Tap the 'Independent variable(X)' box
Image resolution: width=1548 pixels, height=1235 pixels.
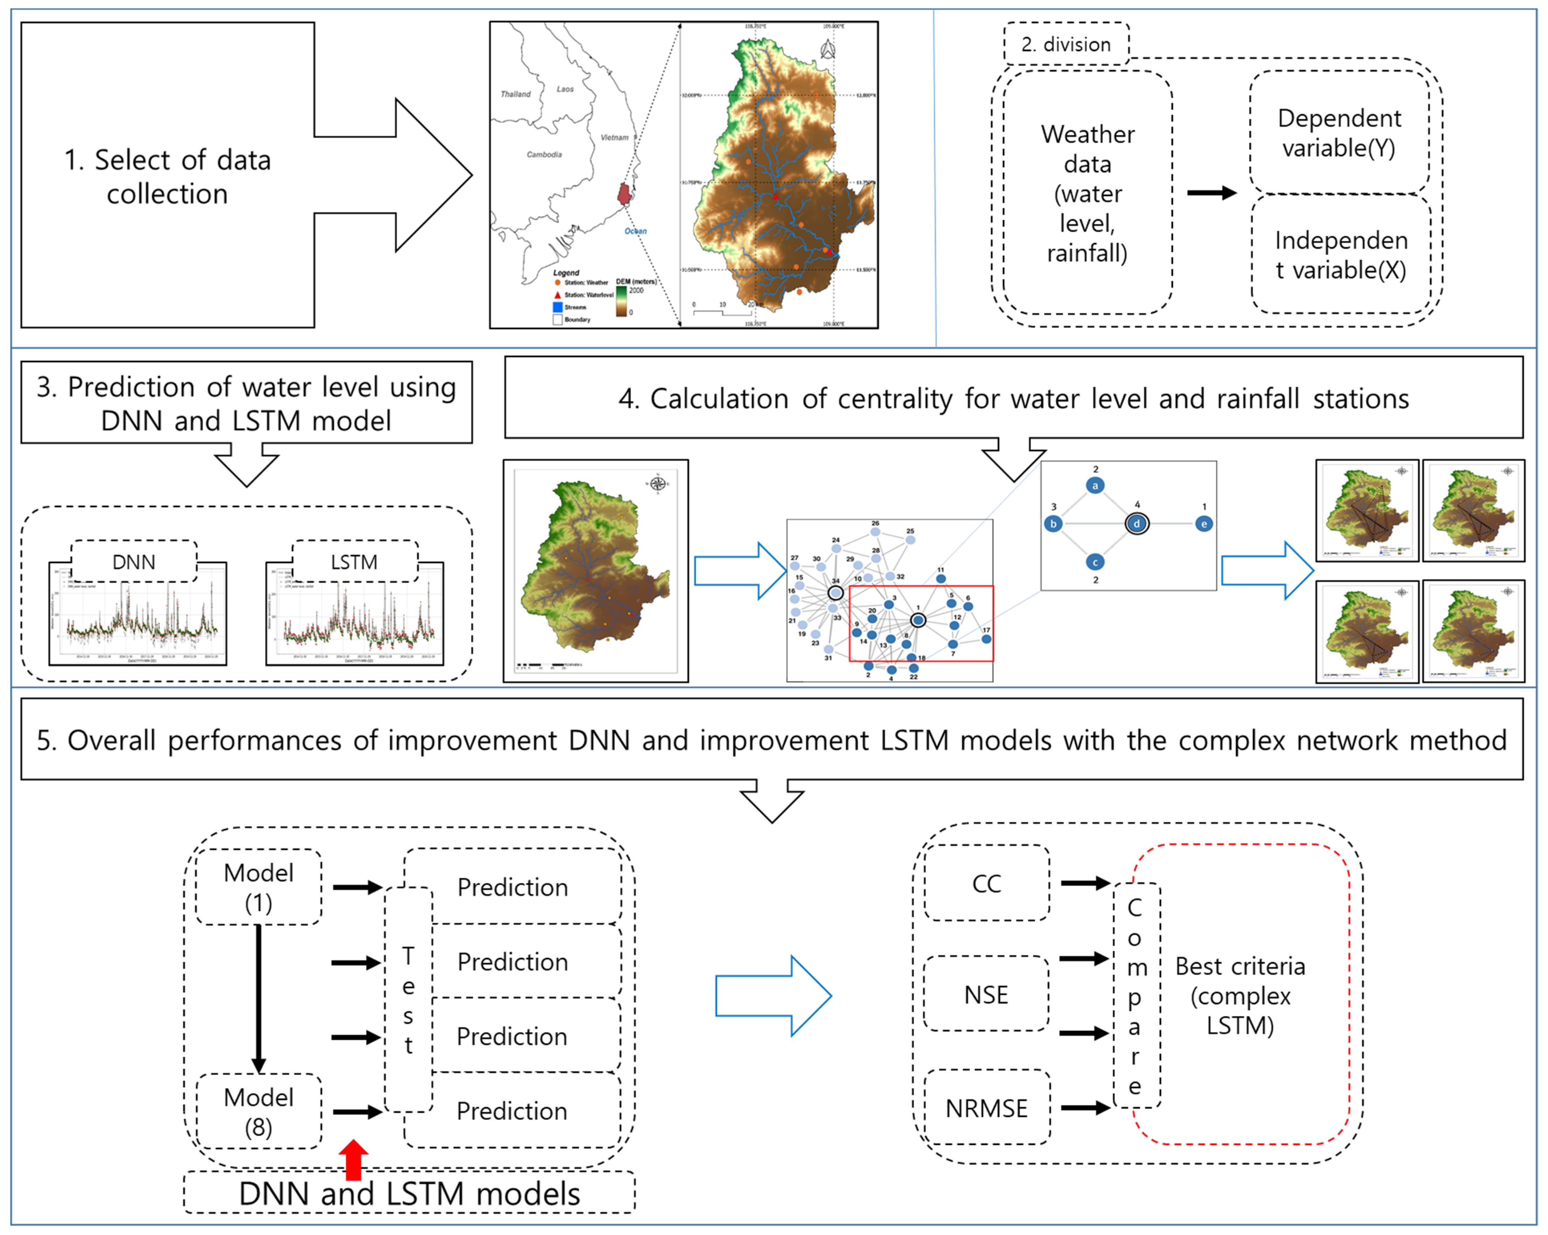click(x=1340, y=255)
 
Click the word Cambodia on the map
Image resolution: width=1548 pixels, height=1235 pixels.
click(x=544, y=154)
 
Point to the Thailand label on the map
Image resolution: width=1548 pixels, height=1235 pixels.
click(x=515, y=94)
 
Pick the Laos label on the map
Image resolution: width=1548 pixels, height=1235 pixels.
click(x=565, y=89)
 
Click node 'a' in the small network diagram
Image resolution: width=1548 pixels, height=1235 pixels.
click(x=1095, y=485)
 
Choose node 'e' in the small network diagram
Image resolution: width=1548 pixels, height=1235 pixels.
click(x=1204, y=523)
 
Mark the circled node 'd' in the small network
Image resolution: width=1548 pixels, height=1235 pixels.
click(x=1137, y=523)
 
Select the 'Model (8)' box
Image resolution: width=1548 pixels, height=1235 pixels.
click(x=258, y=1111)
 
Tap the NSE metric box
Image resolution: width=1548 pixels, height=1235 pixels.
click(x=986, y=994)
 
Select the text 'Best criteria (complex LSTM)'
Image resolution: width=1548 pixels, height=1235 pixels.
click(x=1240, y=995)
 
